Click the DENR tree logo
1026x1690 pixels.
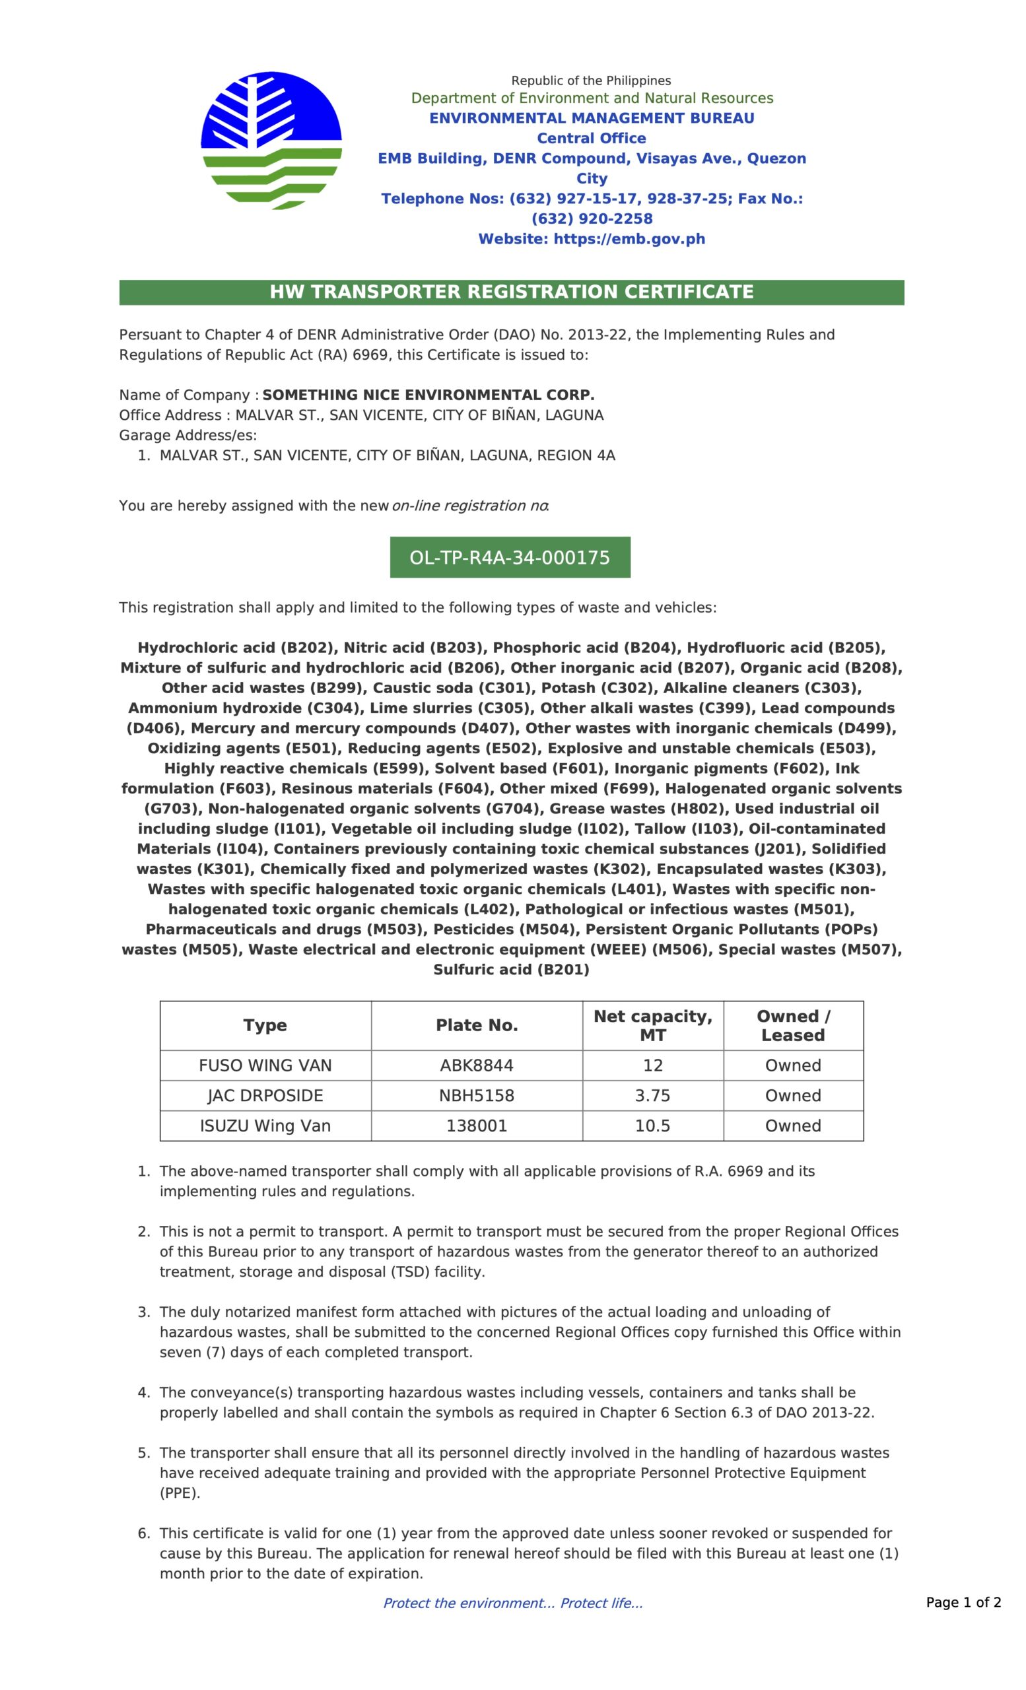[x=271, y=141]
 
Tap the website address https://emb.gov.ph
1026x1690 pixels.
[x=591, y=240]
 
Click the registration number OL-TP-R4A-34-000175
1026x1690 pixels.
[x=510, y=558]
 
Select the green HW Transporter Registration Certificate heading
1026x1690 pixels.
[x=512, y=292]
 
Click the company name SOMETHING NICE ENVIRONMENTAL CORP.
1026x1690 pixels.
[x=428, y=395]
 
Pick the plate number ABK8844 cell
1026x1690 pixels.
[x=477, y=1065]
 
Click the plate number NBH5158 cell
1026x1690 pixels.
[x=477, y=1095]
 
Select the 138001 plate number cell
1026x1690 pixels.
[x=477, y=1126]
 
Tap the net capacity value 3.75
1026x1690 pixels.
[x=652, y=1095]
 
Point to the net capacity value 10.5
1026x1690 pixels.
[x=652, y=1126]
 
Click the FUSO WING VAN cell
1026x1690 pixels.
[x=265, y=1065]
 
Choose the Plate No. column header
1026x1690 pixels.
[x=477, y=1025]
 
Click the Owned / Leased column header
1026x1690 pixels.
[x=793, y=1025]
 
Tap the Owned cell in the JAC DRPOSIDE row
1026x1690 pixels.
[x=793, y=1095]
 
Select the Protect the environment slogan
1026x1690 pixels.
[x=512, y=1603]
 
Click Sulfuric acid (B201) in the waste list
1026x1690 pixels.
[x=511, y=969]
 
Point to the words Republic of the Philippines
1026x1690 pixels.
[x=591, y=81]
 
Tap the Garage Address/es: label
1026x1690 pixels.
[x=188, y=436]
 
